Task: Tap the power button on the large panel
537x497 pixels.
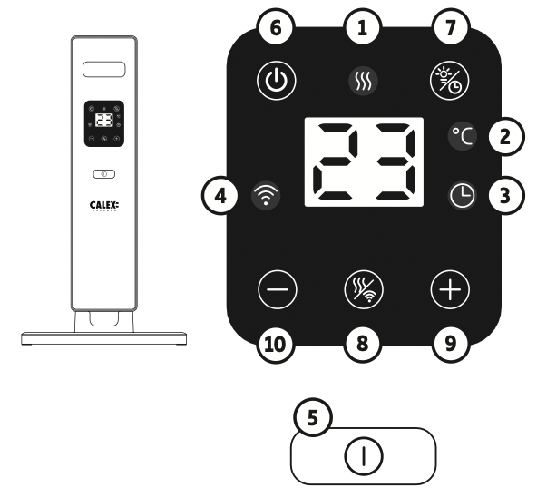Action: [277, 81]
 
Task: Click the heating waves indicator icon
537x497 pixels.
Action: [363, 81]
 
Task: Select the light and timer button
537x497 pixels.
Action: [450, 81]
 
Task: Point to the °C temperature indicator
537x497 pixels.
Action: [463, 136]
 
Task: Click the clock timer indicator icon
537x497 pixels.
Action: [462, 196]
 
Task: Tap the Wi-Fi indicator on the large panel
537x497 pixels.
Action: [266, 196]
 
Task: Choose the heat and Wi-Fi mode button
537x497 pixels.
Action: [364, 290]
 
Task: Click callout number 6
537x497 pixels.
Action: [276, 27]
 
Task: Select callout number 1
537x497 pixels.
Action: [363, 27]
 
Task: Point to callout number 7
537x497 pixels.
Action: [451, 27]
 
